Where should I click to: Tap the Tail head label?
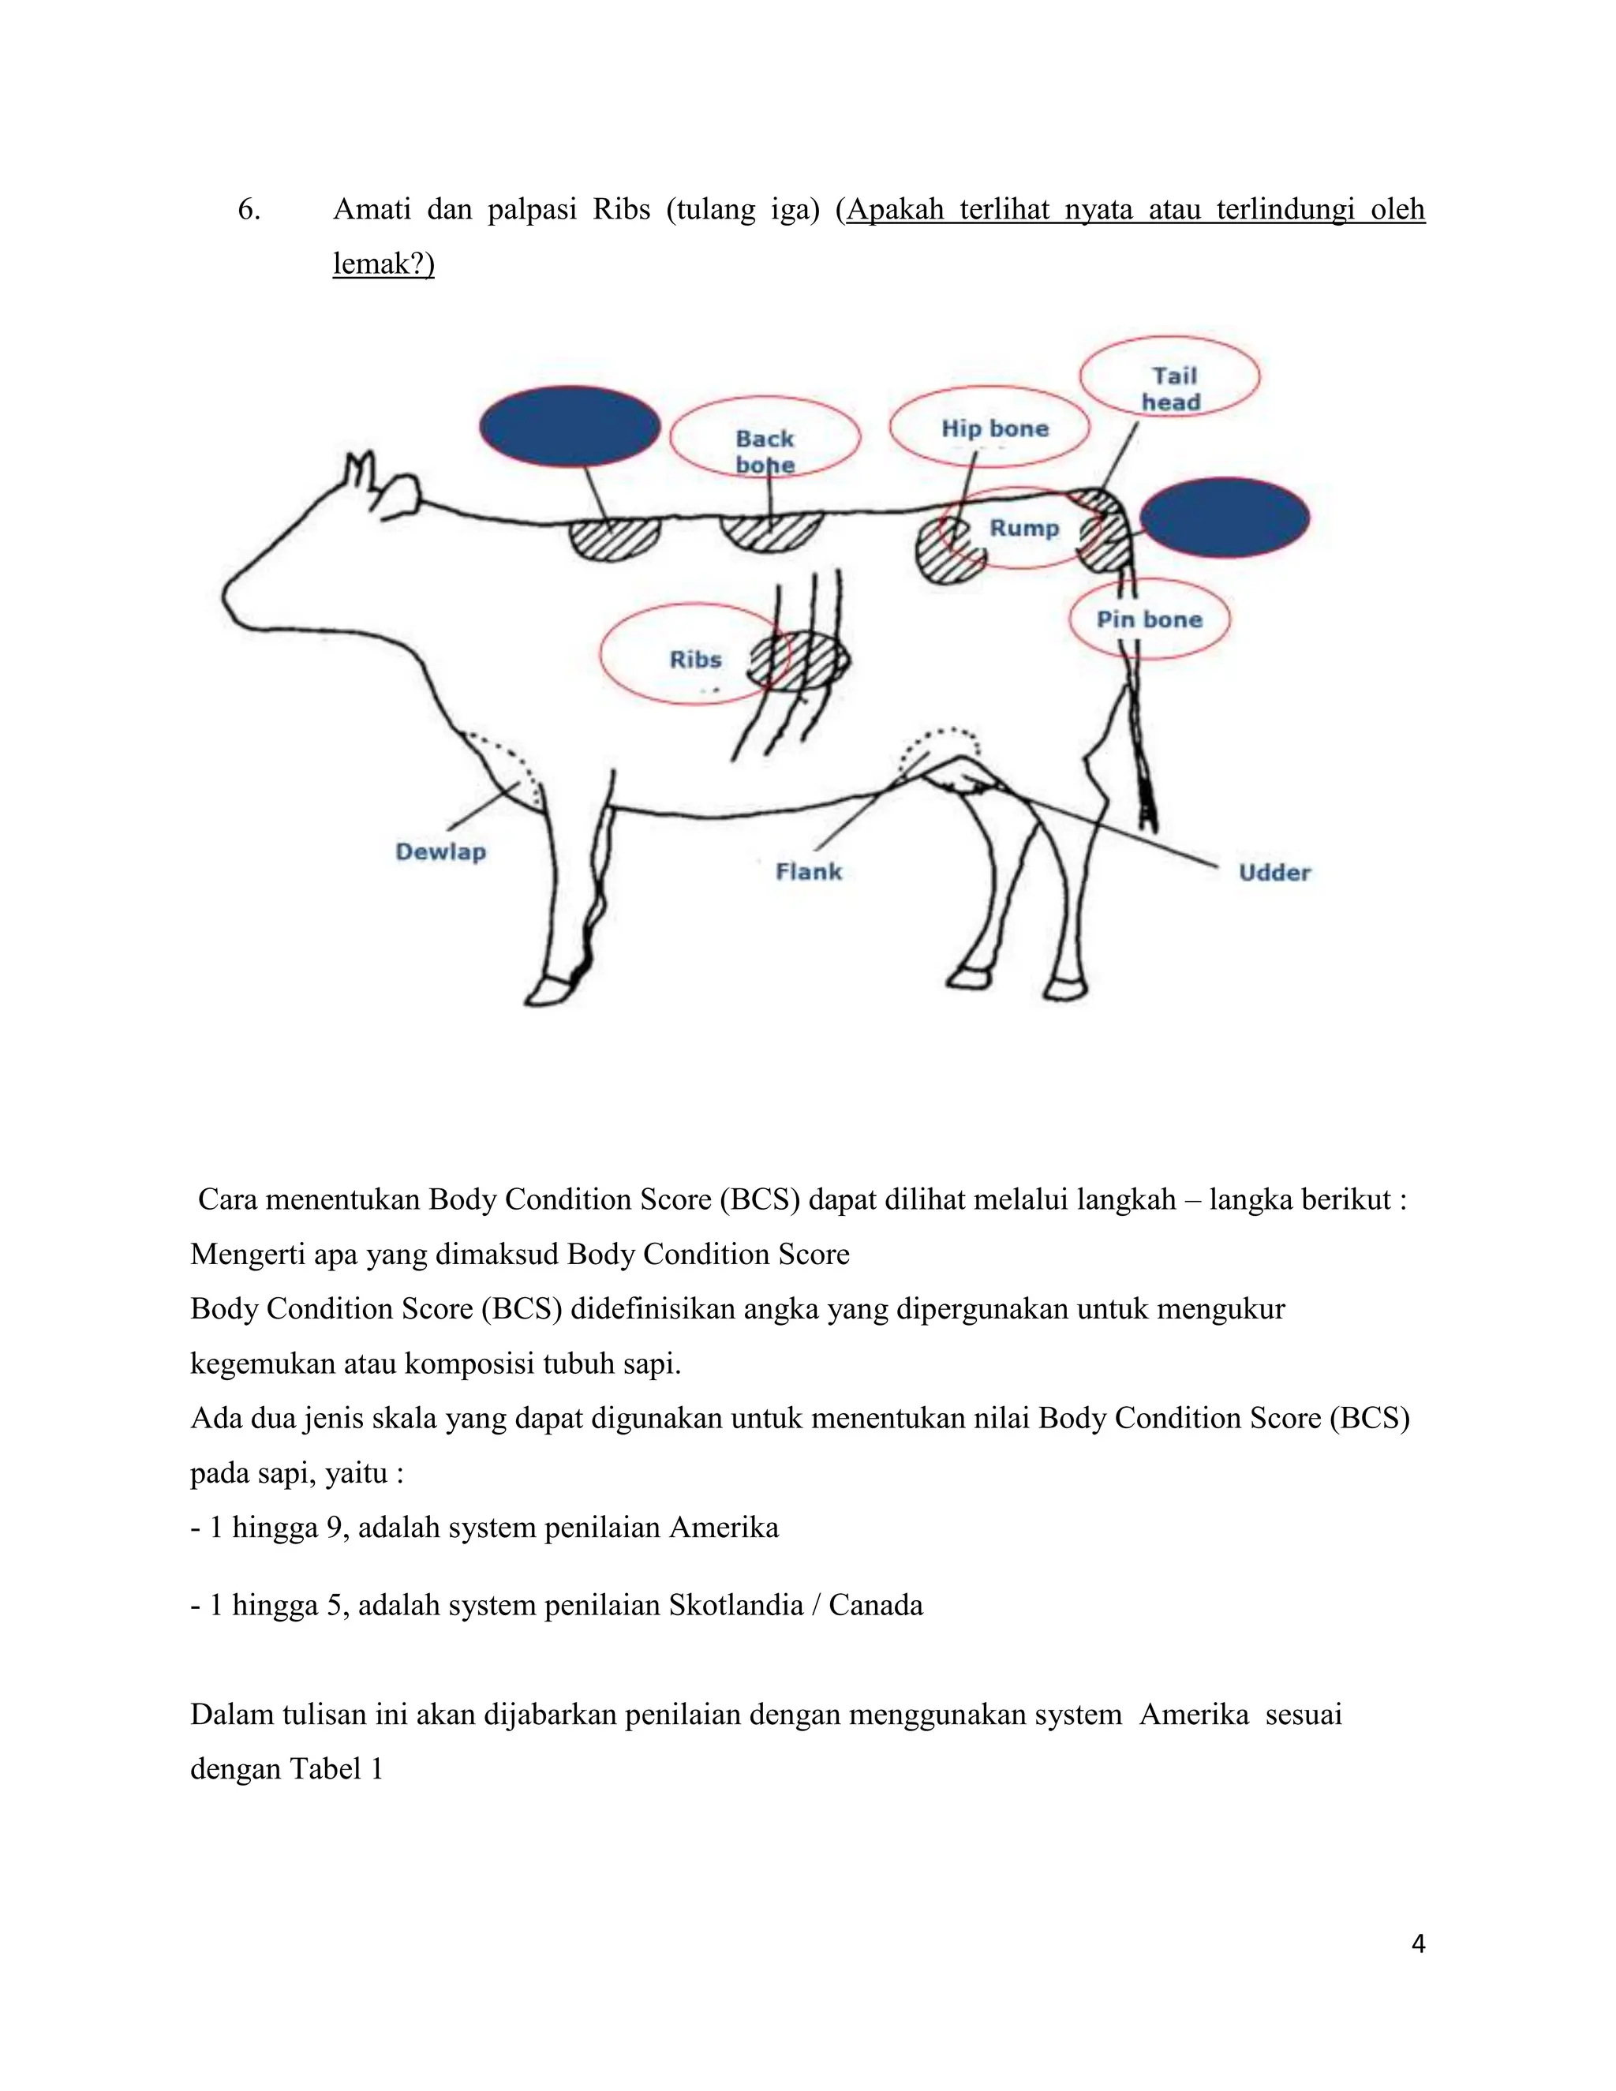pyautogui.click(x=1172, y=389)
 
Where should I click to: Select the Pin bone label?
pyautogui.click(x=1149, y=619)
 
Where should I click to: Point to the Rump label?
pyautogui.click(x=1023, y=529)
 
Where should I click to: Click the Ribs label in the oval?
pyautogui.click(x=695, y=660)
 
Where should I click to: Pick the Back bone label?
pyautogui.click(x=765, y=451)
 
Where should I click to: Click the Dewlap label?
pyautogui.click(x=440, y=852)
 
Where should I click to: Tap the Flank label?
pyautogui.click(x=809, y=872)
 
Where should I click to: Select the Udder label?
pyautogui.click(x=1274, y=872)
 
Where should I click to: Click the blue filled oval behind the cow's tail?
pyautogui.click(x=1225, y=518)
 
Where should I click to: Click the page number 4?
pyautogui.click(x=1418, y=1943)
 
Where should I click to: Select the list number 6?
pyautogui.click(x=248, y=210)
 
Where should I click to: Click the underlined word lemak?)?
pyautogui.click(x=383, y=264)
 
